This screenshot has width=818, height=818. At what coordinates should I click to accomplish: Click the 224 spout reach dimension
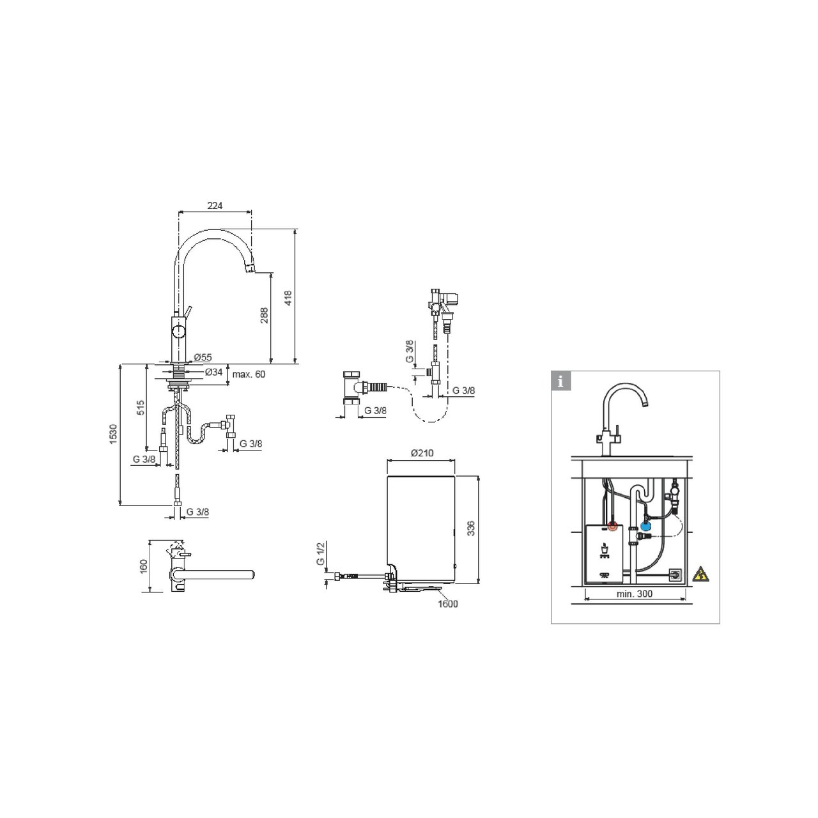pyautogui.click(x=215, y=205)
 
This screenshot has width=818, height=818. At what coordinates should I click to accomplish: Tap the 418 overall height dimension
pyautogui.click(x=288, y=298)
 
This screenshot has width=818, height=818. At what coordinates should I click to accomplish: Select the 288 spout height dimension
pyautogui.click(x=264, y=316)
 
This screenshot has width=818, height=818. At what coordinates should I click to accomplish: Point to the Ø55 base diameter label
pyautogui.click(x=203, y=357)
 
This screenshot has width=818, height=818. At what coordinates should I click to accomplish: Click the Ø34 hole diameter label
pyautogui.click(x=213, y=372)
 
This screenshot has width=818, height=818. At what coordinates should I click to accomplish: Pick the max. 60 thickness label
pyautogui.click(x=249, y=374)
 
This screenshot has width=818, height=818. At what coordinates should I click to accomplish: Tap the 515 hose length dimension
pyautogui.click(x=141, y=408)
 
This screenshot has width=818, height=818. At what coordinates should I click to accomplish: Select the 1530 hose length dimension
pyautogui.click(x=113, y=435)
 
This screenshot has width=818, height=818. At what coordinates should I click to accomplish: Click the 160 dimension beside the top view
pyautogui.click(x=144, y=566)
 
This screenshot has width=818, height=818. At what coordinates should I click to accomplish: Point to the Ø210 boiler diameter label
pyautogui.click(x=422, y=453)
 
